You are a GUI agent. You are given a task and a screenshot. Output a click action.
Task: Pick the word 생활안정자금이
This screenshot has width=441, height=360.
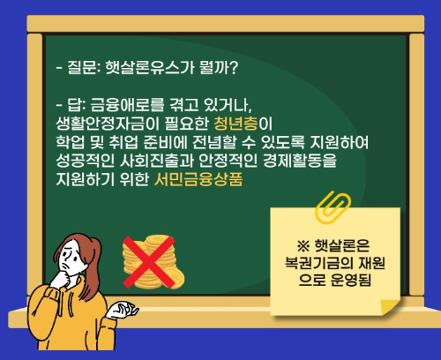pyautogui.click(x=98, y=122)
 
